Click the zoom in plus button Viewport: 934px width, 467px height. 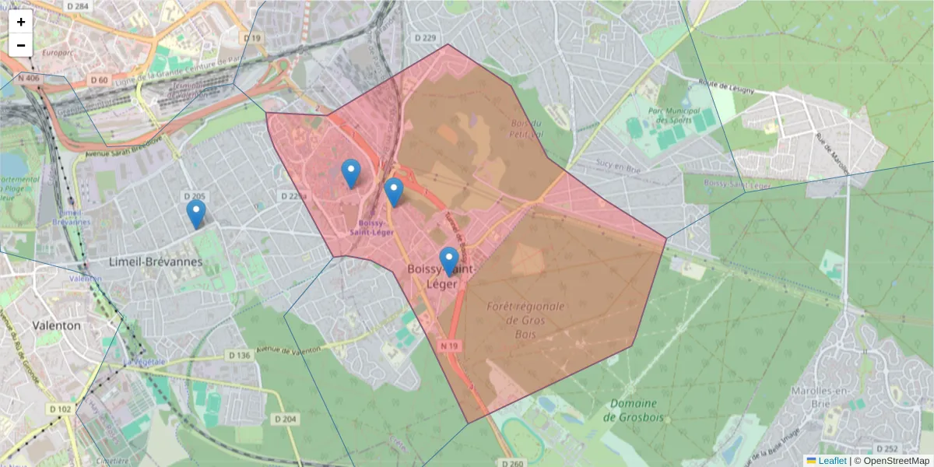click(x=21, y=22)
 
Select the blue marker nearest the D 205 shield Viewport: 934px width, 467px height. click(x=196, y=213)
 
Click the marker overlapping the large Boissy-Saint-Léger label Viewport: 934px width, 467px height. click(x=448, y=261)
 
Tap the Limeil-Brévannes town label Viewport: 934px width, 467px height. click(x=156, y=262)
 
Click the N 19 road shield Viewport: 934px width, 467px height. click(x=448, y=345)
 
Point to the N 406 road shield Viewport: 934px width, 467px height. click(x=28, y=79)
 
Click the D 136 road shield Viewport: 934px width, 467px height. click(x=239, y=356)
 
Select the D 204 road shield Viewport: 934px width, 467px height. click(x=286, y=419)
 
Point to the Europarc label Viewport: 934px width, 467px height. click(x=58, y=53)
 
